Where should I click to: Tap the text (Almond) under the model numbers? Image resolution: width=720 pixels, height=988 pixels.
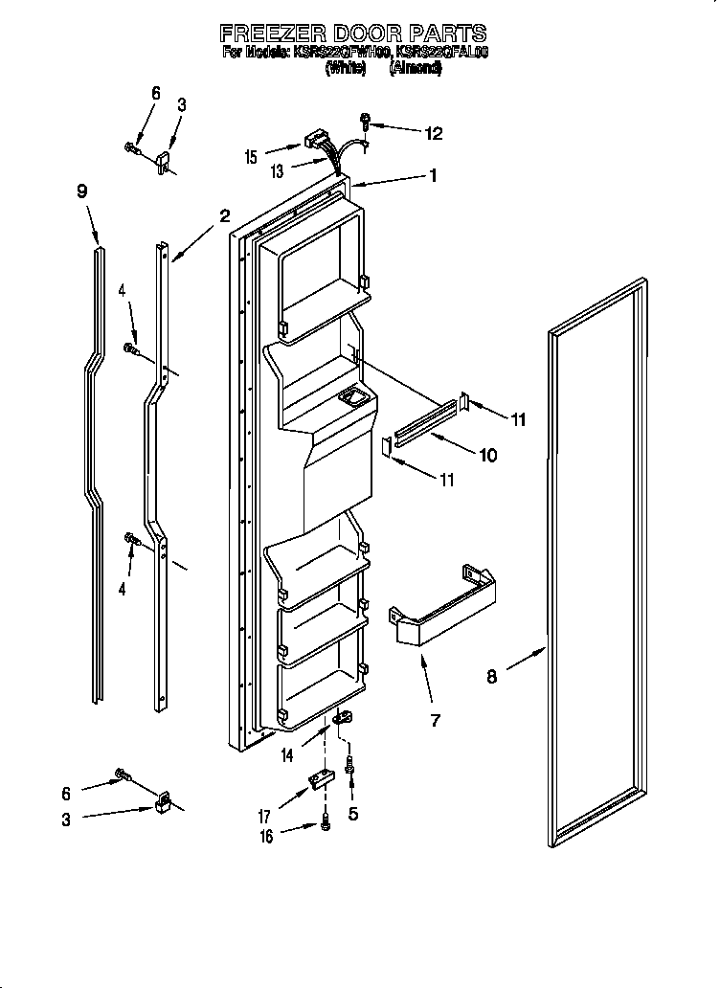point(415,69)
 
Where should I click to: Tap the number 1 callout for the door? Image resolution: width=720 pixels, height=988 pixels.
point(433,175)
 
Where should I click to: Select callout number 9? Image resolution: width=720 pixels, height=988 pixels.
point(82,191)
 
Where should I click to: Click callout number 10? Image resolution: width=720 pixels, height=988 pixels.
point(487,456)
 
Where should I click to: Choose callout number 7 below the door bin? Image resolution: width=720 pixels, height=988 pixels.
point(435,720)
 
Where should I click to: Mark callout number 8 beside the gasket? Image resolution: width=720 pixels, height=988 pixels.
point(491,677)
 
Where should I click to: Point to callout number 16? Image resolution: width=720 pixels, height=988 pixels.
point(267,837)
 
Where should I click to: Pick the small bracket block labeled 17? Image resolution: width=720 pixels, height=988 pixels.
point(320,783)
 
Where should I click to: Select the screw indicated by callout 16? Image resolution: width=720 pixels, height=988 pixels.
point(327,821)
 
